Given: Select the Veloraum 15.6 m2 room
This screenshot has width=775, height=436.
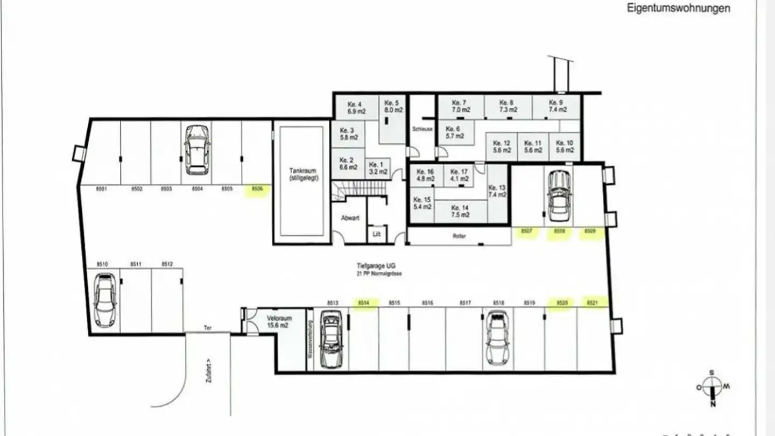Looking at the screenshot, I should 279,321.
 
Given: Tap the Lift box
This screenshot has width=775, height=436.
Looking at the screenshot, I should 377,234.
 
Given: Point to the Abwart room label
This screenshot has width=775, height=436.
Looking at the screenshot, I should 350,218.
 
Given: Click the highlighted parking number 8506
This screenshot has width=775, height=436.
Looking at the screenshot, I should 257,189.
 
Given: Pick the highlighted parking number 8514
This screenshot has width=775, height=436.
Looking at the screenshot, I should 364,303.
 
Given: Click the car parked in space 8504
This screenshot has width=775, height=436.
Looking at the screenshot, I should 196,150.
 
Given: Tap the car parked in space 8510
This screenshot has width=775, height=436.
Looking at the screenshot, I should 105,300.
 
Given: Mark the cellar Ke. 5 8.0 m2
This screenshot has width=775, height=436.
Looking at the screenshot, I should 392,106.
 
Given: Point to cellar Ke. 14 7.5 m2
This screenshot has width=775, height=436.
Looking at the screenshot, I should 460,211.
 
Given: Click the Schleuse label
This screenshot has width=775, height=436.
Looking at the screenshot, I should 422,129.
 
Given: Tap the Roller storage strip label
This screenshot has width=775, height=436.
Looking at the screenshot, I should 459,236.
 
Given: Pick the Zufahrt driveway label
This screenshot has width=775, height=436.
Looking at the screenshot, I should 208,371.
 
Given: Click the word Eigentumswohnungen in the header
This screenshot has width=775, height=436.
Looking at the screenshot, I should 678,8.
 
